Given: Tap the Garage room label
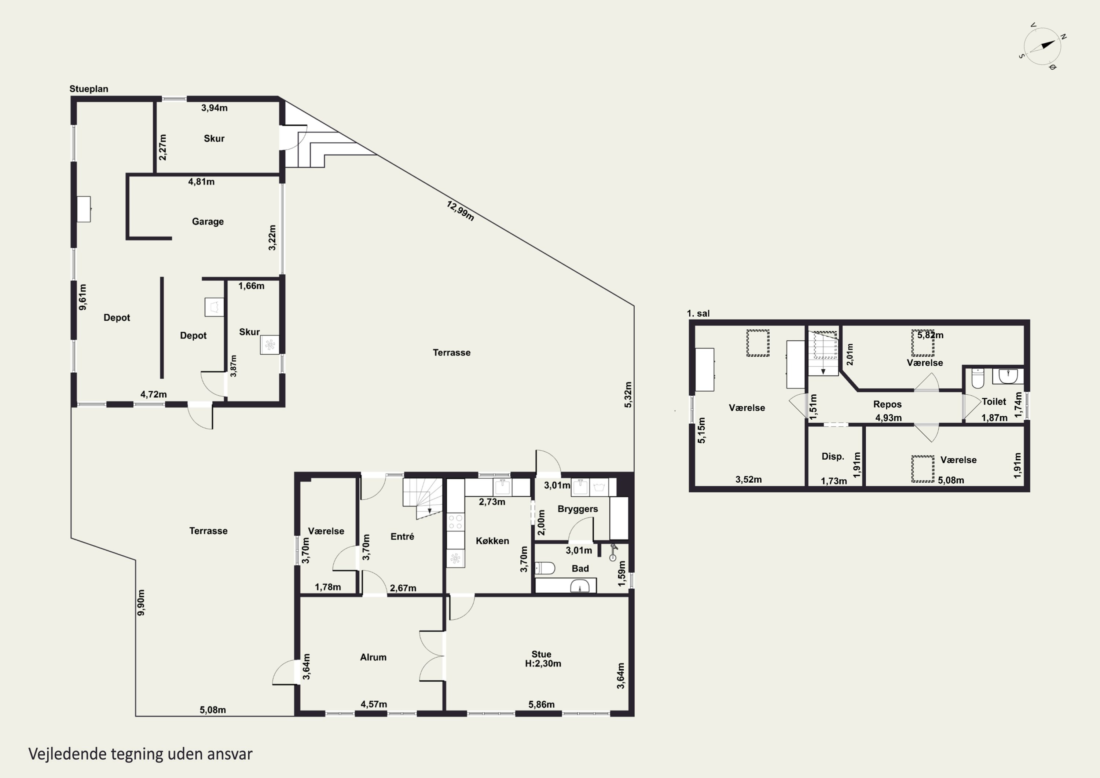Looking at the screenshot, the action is (208, 222).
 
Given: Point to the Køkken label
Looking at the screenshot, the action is (492, 541).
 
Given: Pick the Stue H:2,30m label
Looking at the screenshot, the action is (542, 659).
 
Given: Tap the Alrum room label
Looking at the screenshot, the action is (373, 657).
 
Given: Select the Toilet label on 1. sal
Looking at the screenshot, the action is (994, 402).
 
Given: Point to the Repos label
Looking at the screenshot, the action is (887, 404).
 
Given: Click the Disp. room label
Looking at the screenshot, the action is (833, 456).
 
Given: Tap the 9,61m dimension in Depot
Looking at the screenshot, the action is (82, 297).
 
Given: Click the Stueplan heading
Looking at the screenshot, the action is (89, 89).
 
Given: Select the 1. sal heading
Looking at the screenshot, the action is (698, 314).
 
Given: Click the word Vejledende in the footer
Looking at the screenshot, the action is (67, 754).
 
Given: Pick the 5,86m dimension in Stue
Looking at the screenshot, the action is (541, 704).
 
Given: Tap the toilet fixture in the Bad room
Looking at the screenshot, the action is (545, 568).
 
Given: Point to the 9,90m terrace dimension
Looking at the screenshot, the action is (141, 603).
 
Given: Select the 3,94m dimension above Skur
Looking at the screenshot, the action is (214, 108).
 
